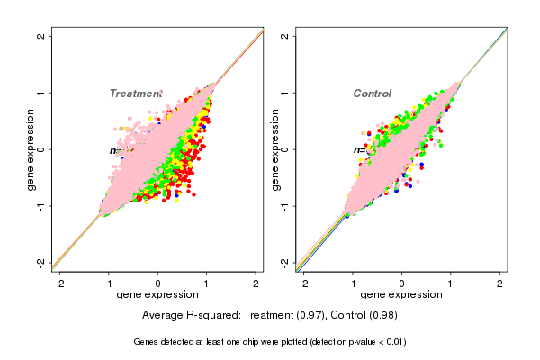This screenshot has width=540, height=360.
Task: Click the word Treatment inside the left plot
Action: tap(135, 94)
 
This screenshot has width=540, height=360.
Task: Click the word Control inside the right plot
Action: tap(373, 94)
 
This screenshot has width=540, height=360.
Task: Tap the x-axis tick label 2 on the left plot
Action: tap(256, 283)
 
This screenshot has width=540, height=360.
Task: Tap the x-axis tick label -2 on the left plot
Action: tap(59, 283)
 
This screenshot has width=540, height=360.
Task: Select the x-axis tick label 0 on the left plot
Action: tap(158, 283)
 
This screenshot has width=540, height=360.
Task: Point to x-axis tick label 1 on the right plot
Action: tap(452, 283)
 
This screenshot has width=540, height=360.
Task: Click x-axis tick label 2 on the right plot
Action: tap(501, 283)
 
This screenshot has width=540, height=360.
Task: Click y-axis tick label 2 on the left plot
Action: tap(41, 37)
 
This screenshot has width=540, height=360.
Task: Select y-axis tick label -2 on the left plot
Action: tap(41, 262)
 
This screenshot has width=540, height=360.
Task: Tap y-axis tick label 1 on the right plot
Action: tap(285, 93)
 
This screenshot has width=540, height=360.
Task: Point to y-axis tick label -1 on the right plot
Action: tap(285, 205)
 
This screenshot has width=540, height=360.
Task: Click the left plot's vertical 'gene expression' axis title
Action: tap(31, 149)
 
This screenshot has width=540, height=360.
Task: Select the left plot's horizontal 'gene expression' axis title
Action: tap(158, 295)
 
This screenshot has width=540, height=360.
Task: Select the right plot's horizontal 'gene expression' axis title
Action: tap(401, 295)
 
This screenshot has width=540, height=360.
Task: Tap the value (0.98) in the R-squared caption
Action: tap(378, 316)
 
